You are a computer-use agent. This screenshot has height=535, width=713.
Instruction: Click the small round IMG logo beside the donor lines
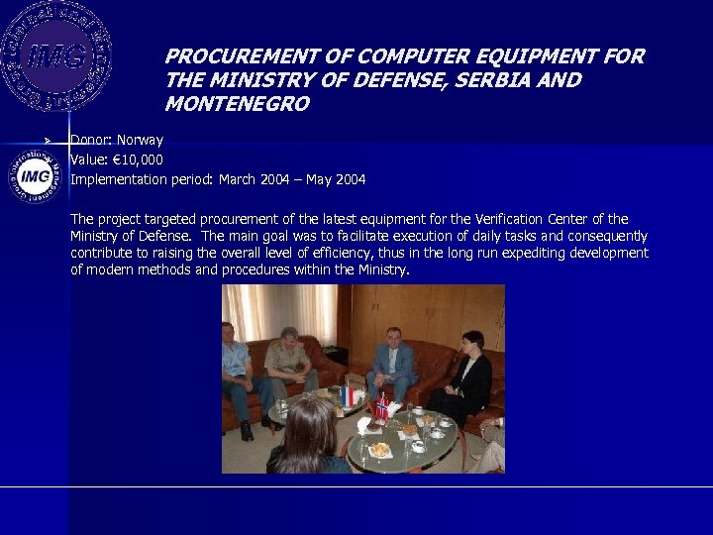[36, 176]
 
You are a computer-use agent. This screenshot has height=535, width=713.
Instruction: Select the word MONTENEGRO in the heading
[238, 103]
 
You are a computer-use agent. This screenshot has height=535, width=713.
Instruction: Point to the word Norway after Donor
[140, 140]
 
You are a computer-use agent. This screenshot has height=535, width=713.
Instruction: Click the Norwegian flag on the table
[382, 405]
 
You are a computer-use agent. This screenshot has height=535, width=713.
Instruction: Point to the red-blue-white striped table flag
[347, 395]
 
